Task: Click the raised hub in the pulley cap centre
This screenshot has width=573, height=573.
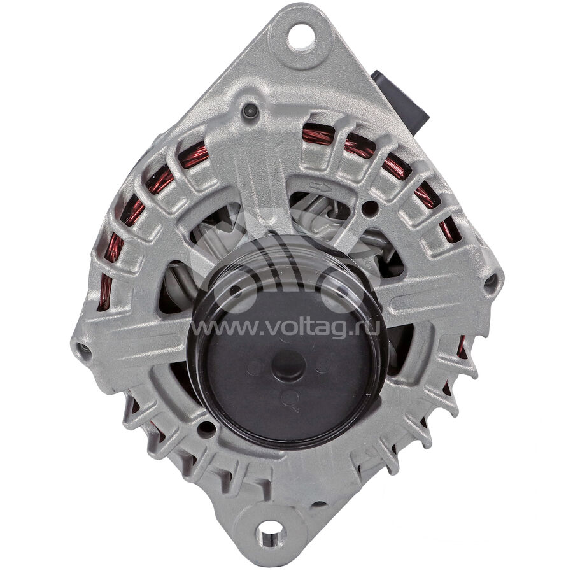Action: (288, 365)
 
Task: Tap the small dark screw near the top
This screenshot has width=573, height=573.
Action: (250, 110)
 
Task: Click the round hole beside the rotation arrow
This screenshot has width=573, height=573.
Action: (369, 208)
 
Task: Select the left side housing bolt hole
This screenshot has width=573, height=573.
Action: (85, 348)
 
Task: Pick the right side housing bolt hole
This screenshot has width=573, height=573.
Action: (491, 281)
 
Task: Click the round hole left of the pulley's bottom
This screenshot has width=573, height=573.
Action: (206, 429)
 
